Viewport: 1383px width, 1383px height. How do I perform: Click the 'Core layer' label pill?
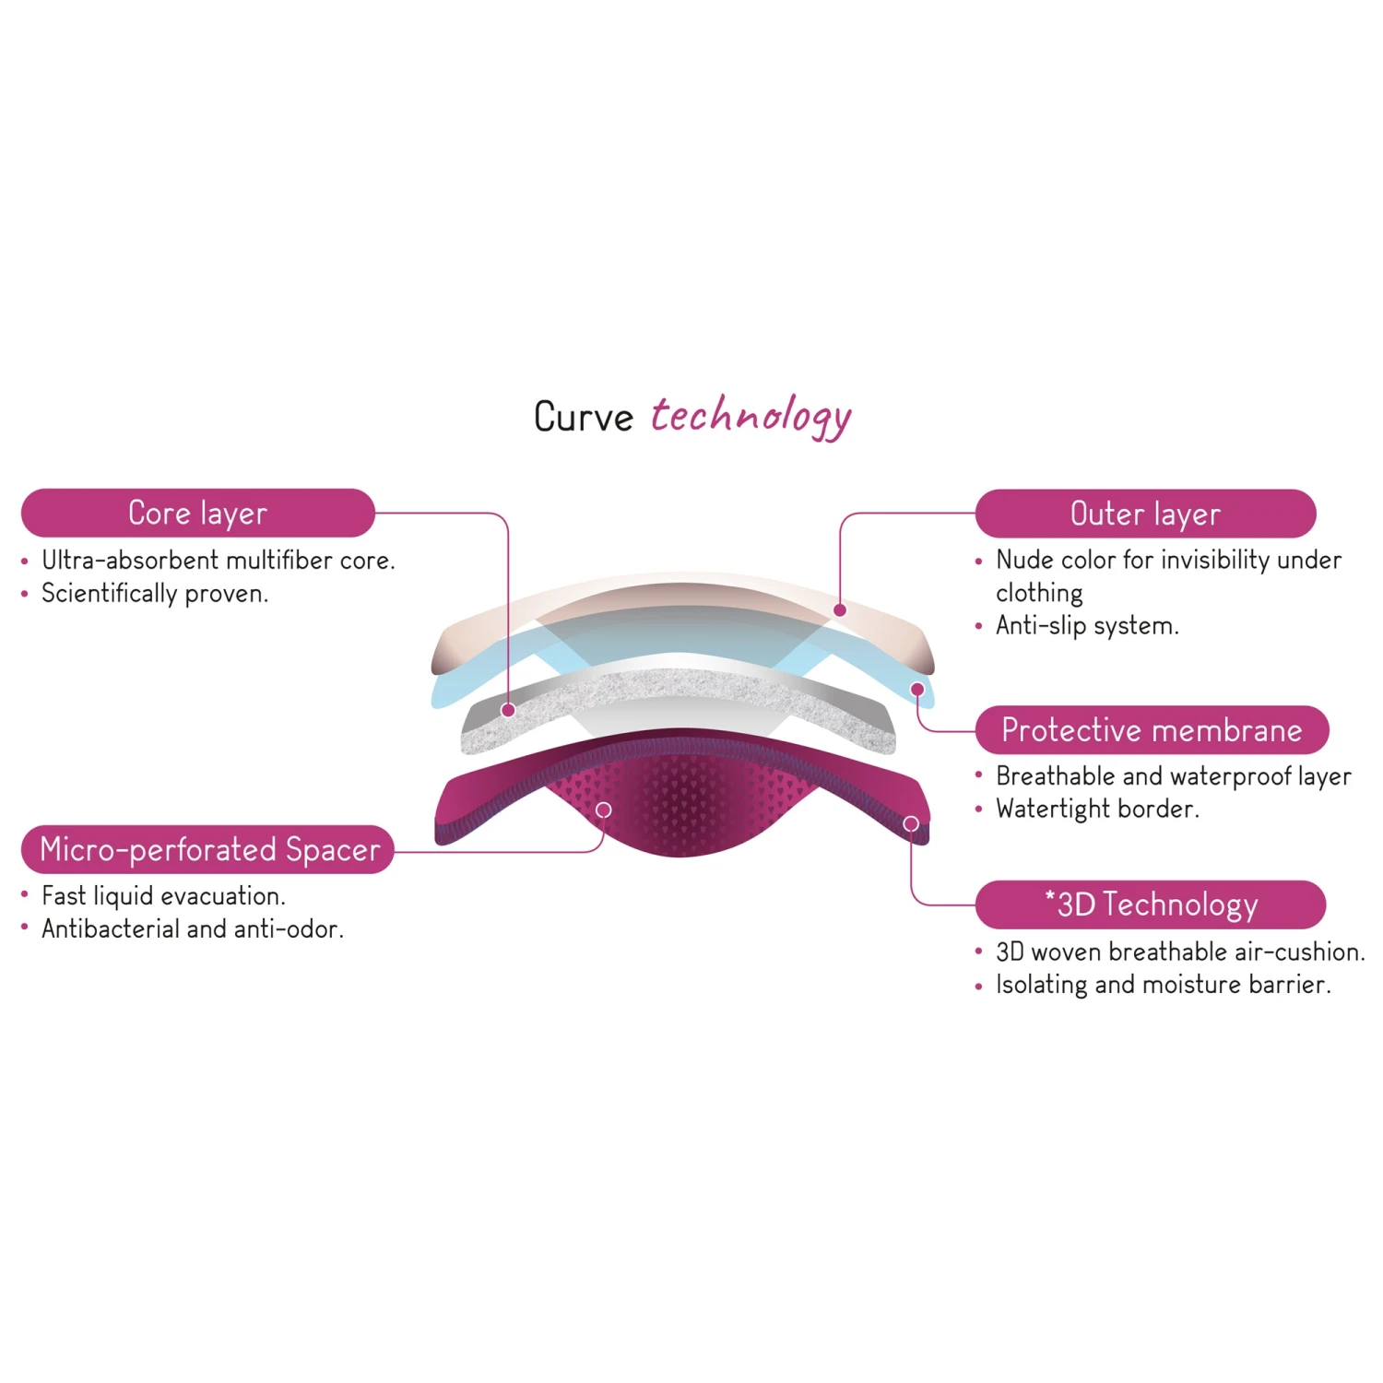point(197,514)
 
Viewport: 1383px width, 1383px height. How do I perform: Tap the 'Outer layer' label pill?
point(1145,514)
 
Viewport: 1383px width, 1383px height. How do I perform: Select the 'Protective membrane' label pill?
point(1152,730)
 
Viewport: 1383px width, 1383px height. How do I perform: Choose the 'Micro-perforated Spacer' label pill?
point(209,849)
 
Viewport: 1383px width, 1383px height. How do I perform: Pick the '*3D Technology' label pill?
point(1151,904)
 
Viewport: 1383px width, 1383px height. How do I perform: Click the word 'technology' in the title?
point(751,417)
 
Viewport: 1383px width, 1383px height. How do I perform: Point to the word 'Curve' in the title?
point(584,417)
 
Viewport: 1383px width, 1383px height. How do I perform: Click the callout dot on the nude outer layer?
point(840,610)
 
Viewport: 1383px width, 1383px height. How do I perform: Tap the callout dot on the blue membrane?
point(917,690)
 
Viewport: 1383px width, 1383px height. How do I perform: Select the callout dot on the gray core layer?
point(508,710)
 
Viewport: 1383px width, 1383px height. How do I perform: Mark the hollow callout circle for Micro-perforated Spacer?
point(604,810)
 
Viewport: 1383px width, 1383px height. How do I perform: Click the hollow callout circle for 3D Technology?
point(911,823)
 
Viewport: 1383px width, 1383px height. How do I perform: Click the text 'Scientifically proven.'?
point(155,594)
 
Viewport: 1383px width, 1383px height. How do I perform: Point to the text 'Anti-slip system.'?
point(1087,626)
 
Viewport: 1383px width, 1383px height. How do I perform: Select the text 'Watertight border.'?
point(1097,810)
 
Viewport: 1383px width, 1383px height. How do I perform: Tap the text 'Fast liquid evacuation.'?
point(164,896)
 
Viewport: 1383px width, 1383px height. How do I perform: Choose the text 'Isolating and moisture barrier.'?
point(1163,985)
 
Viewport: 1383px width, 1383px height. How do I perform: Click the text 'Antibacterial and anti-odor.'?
point(193,929)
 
